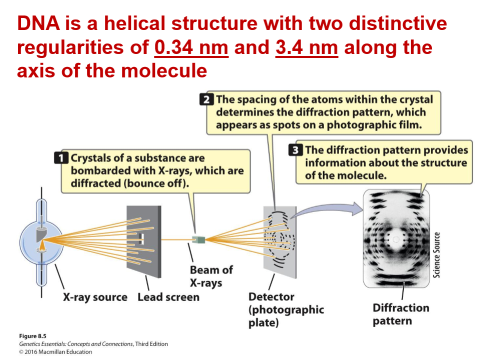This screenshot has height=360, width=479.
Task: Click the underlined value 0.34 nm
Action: point(191,47)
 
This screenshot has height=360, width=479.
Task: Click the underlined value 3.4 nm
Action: point(306,47)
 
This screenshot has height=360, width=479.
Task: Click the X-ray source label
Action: point(95,297)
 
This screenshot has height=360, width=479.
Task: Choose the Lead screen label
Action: point(168,297)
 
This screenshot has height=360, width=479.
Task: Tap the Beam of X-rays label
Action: point(211,276)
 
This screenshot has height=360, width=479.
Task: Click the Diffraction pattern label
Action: point(400,314)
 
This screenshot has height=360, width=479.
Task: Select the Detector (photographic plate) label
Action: point(286,309)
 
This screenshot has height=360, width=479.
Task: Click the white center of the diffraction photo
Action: point(396,239)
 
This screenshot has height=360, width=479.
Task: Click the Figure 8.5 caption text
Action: point(32,336)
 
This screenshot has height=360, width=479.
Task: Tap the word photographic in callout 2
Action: point(357,124)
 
